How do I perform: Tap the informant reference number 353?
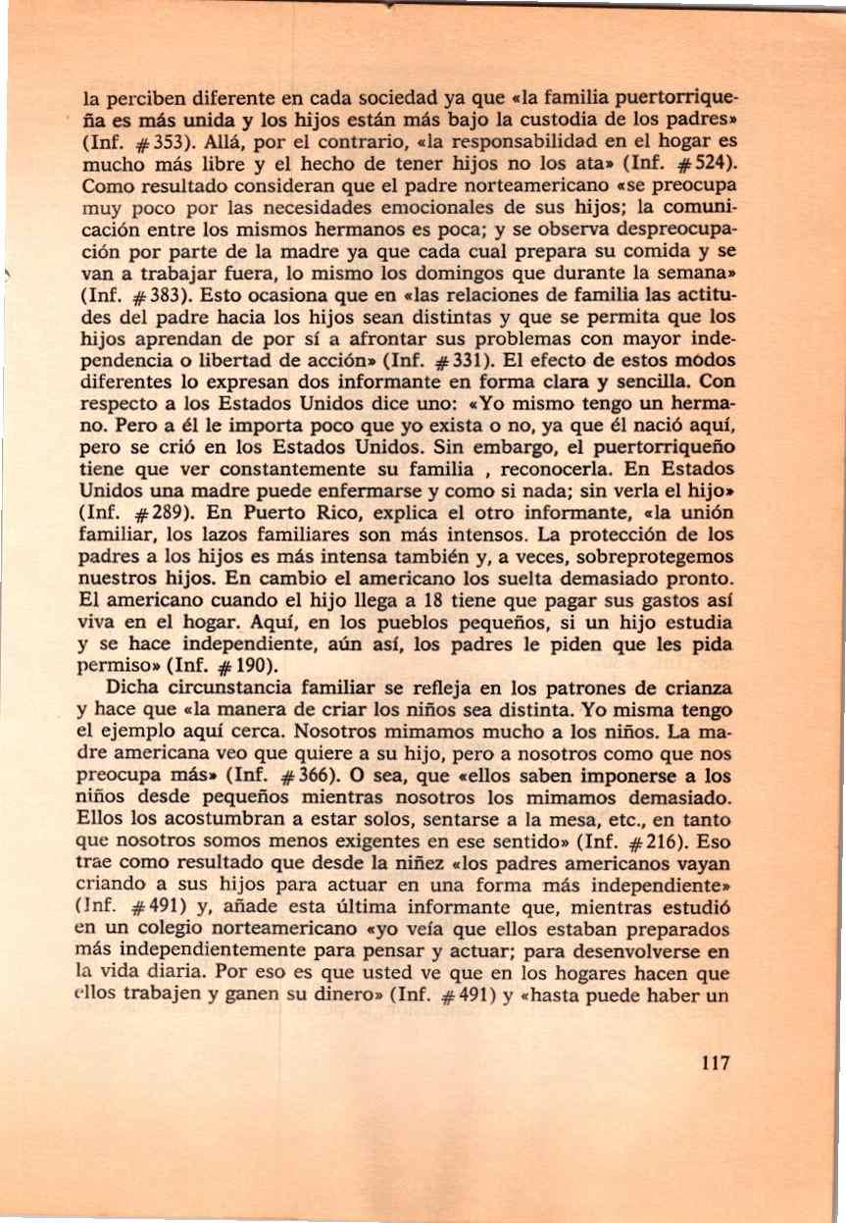[160, 140]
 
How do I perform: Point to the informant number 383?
[160, 292]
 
